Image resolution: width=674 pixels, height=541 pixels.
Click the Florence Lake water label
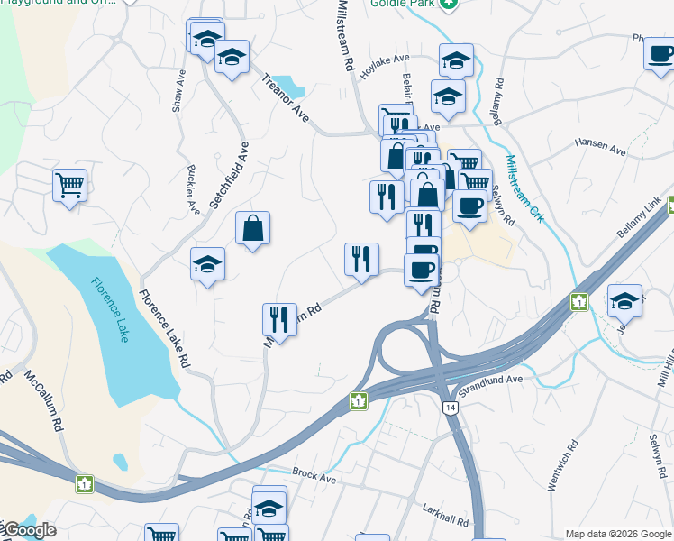(x=111, y=309)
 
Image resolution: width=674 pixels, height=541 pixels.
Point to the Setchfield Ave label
(x=230, y=175)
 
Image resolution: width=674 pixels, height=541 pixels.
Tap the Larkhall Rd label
(x=447, y=520)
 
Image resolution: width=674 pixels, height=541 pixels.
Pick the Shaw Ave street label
(x=178, y=90)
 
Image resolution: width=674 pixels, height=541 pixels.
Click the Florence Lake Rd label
(x=164, y=327)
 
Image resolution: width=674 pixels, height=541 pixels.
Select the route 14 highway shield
(x=449, y=408)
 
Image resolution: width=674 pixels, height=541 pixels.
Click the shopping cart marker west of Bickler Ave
(x=69, y=186)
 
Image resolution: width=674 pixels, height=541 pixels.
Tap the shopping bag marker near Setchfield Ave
(x=253, y=228)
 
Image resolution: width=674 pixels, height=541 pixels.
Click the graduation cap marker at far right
(x=624, y=301)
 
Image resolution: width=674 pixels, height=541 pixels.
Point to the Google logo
(x=29, y=530)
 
